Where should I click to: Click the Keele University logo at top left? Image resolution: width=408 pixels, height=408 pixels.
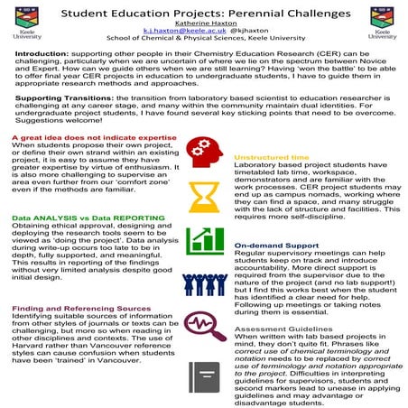click(x=24, y=24)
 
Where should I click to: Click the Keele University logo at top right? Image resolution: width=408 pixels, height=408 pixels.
click(x=383, y=24)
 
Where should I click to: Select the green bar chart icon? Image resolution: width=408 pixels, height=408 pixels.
click(x=204, y=240)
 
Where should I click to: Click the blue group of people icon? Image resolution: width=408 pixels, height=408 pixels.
click(x=204, y=282)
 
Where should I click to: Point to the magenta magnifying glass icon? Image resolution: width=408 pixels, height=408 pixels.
click(x=204, y=325)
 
